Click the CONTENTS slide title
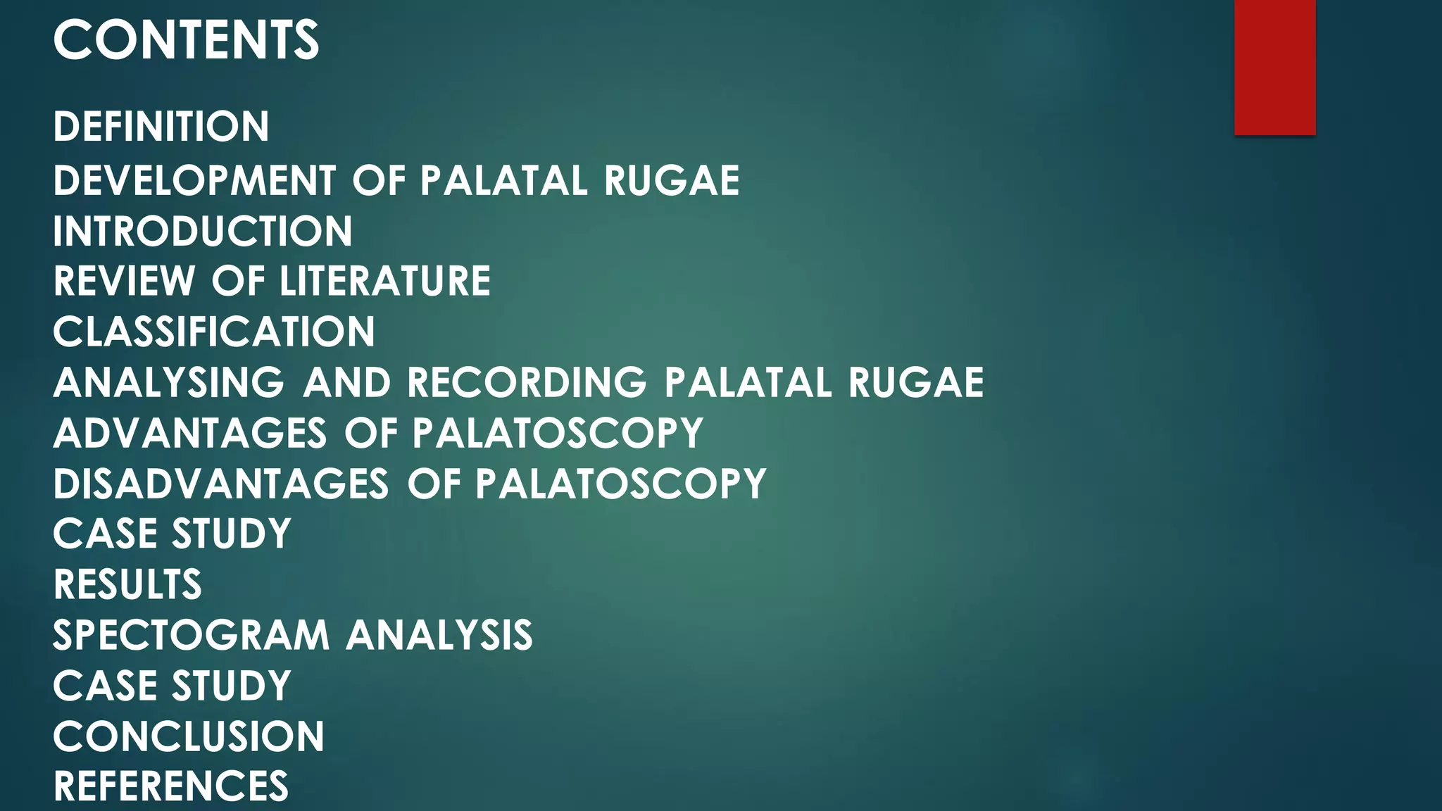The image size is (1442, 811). click(186, 40)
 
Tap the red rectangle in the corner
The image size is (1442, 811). click(1274, 67)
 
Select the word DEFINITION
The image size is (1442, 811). click(161, 127)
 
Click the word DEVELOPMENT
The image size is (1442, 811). click(195, 180)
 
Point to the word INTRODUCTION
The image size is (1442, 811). click(203, 231)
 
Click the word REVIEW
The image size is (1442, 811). click(125, 281)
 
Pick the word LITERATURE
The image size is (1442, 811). click(385, 281)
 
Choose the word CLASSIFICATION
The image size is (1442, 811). click(214, 332)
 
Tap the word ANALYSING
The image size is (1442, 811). click(169, 382)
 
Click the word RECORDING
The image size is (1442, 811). click(527, 382)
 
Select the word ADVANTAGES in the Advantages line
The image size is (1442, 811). click(190, 432)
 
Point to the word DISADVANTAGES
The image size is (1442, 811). click(221, 484)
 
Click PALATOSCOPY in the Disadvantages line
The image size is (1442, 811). click(620, 484)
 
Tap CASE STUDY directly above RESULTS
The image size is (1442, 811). click(172, 534)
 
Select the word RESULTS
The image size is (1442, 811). click(127, 584)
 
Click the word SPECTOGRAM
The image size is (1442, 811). click(192, 635)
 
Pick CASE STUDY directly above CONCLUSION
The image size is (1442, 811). click(172, 686)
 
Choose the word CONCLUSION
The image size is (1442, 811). click(189, 736)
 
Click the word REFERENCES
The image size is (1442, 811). click(171, 786)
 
